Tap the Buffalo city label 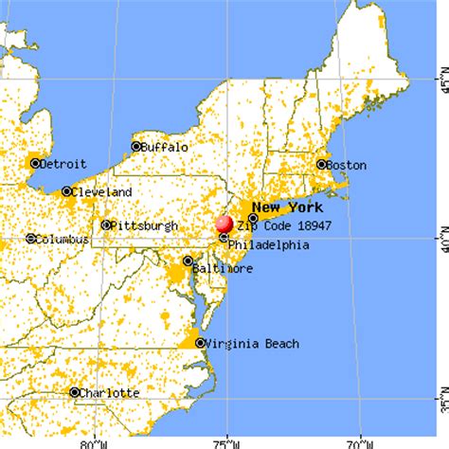pyautogui.click(x=166, y=147)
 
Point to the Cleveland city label pyautogui.click(x=100, y=191)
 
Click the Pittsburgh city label pyautogui.click(x=144, y=225)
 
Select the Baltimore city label pyautogui.click(x=222, y=268)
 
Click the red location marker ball pyautogui.click(x=224, y=224)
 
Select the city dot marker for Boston pyautogui.click(x=320, y=165)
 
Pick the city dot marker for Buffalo pyautogui.click(x=136, y=147)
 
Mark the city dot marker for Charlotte pyautogui.click(x=74, y=392)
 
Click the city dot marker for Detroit pyautogui.click(x=35, y=163)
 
